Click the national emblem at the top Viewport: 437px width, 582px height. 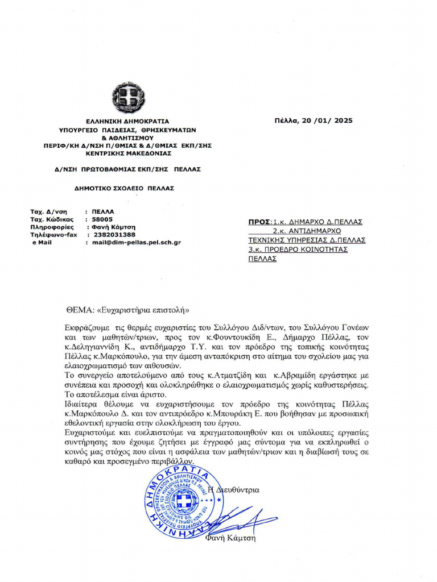coord(129,97)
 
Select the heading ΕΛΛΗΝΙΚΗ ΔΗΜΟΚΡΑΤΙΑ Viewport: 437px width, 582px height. coord(127,121)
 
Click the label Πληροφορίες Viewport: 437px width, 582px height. coord(52,227)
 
